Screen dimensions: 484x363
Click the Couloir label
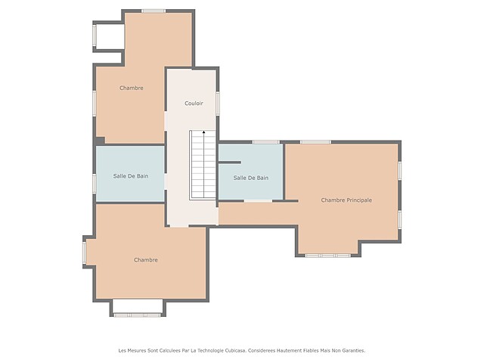click(194, 103)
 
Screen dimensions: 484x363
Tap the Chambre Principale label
click(346, 200)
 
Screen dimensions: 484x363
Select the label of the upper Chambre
click(132, 88)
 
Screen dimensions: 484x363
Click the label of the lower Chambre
click(146, 260)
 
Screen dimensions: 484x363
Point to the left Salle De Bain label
click(131, 176)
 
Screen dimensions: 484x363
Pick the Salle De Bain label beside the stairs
click(250, 178)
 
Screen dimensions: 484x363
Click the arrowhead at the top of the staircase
click(203, 132)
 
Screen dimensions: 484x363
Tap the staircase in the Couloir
click(203, 165)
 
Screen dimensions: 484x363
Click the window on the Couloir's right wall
click(218, 104)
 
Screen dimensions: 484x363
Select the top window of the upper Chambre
click(154, 11)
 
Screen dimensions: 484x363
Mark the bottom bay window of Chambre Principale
click(327, 256)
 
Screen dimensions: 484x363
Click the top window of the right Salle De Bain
click(265, 142)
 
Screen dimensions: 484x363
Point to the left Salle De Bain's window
click(95, 183)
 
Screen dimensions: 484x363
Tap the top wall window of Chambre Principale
click(315, 142)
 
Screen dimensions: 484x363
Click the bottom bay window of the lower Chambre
click(137, 315)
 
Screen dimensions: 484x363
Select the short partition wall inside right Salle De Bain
click(229, 162)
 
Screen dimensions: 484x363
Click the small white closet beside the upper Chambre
click(109, 36)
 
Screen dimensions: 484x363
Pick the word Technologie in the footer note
click(210, 350)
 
